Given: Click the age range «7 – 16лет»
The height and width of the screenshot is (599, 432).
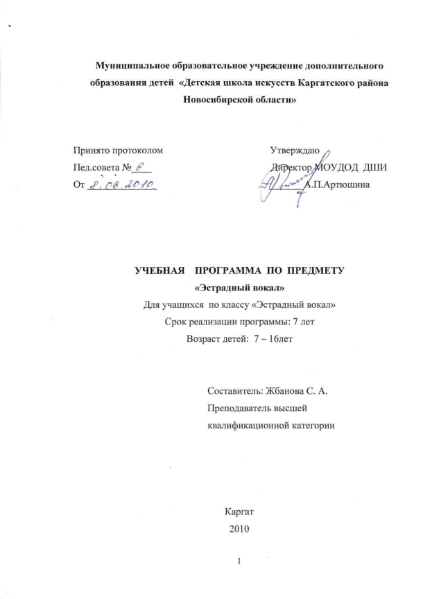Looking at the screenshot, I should (x=268, y=339).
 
